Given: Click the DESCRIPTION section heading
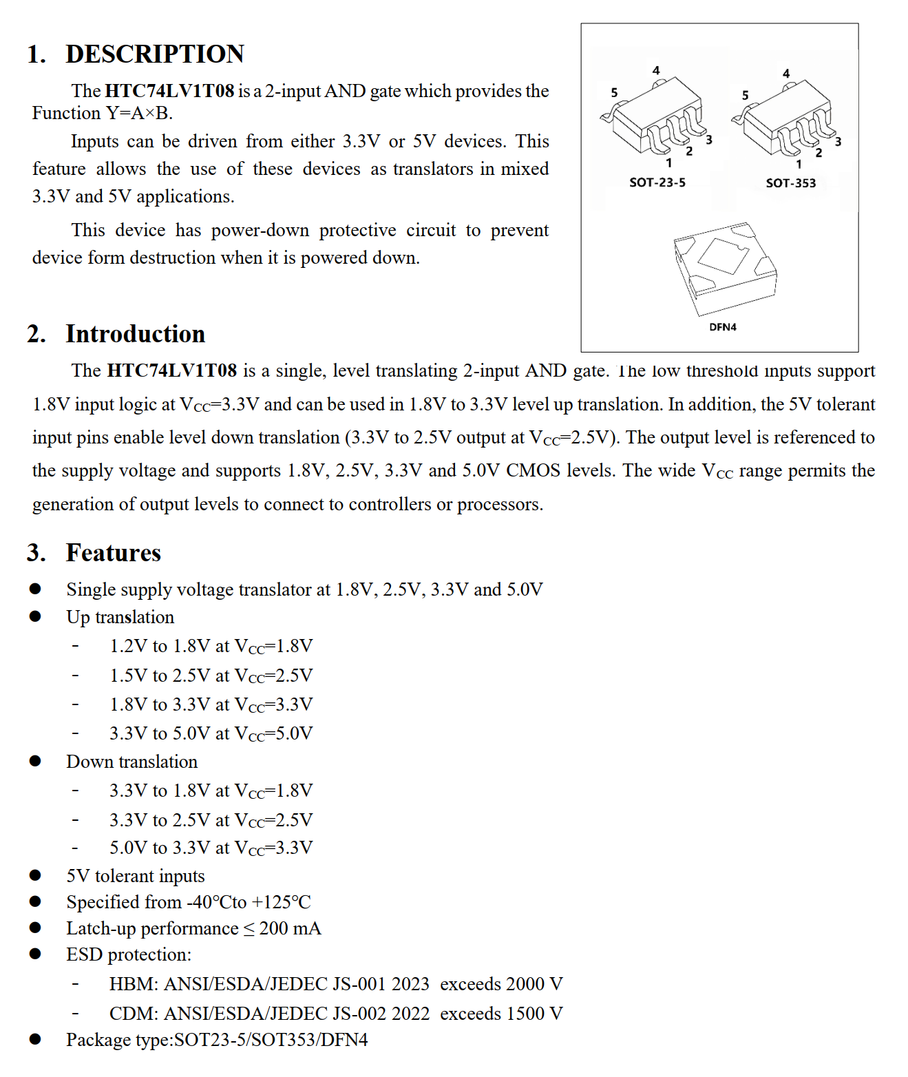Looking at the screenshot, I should click(154, 54).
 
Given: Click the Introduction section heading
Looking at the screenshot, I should click(135, 334).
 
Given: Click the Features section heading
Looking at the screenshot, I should click(113, 553).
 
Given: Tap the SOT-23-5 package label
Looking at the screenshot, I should click(657, 182).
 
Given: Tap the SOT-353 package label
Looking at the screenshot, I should click(790, 183).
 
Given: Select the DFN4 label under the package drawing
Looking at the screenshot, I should click(723, 327).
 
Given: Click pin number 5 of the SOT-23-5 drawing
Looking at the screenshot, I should click(614, 93).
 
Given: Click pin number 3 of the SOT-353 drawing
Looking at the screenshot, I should click(838, 142).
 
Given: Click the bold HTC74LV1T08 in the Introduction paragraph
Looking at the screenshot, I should click(172, 371).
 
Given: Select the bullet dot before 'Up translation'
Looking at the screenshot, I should click(35, 616).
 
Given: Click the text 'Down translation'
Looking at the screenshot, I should click(131, 762).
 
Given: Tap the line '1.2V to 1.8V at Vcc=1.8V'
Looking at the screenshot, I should click(211, 647).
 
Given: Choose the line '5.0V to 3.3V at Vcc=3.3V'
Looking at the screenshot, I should click(211, 848).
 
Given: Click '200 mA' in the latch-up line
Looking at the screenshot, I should click(290, 929).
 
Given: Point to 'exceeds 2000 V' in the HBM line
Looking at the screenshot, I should click(501, 984).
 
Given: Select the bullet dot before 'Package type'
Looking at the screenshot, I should click(35, 1039).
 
